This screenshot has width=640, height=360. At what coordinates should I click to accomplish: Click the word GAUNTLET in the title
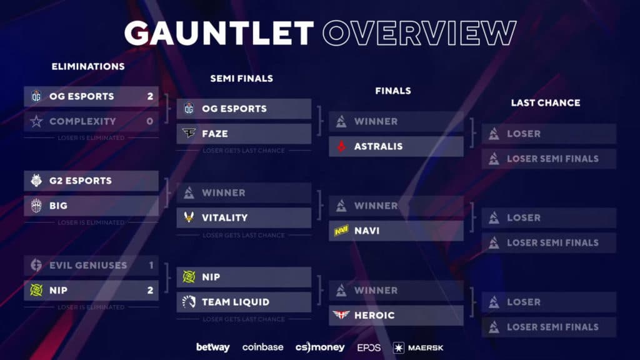[218, 32]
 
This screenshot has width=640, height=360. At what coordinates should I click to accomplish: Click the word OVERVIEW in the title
[419, 32]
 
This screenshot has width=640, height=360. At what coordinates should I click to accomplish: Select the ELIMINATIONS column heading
[88, 66]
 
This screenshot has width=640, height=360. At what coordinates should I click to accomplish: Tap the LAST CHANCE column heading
[546, 102]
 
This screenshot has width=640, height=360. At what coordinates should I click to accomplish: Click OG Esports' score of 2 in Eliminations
[150, 96]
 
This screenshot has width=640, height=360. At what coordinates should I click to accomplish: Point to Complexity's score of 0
[150, 121]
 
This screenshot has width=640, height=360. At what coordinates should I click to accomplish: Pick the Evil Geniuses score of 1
[151, 265]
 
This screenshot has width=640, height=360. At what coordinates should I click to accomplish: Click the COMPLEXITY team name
[82, 121]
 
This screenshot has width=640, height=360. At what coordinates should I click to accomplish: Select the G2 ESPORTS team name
[80, 181]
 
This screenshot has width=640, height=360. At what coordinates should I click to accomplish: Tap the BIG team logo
[36, 206]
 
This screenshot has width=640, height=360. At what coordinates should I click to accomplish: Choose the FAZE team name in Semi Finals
[214, 134]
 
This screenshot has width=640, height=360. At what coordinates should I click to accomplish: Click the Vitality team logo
[189, 217]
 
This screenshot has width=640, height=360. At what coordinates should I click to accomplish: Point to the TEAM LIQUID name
[235, 302]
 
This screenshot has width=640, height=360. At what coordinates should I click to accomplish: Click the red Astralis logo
[341, 146]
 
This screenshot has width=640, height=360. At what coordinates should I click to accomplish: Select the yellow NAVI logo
[341, 231]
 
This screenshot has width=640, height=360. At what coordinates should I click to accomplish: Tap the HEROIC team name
[374, 315]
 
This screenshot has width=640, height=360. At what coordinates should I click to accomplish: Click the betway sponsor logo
[212, 347]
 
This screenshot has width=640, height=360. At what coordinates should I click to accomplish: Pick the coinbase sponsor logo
[263, 347]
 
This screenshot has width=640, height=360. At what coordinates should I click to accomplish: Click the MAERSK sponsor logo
[418, 347]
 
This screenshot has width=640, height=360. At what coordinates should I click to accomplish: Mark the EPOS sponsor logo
[369, 347]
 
